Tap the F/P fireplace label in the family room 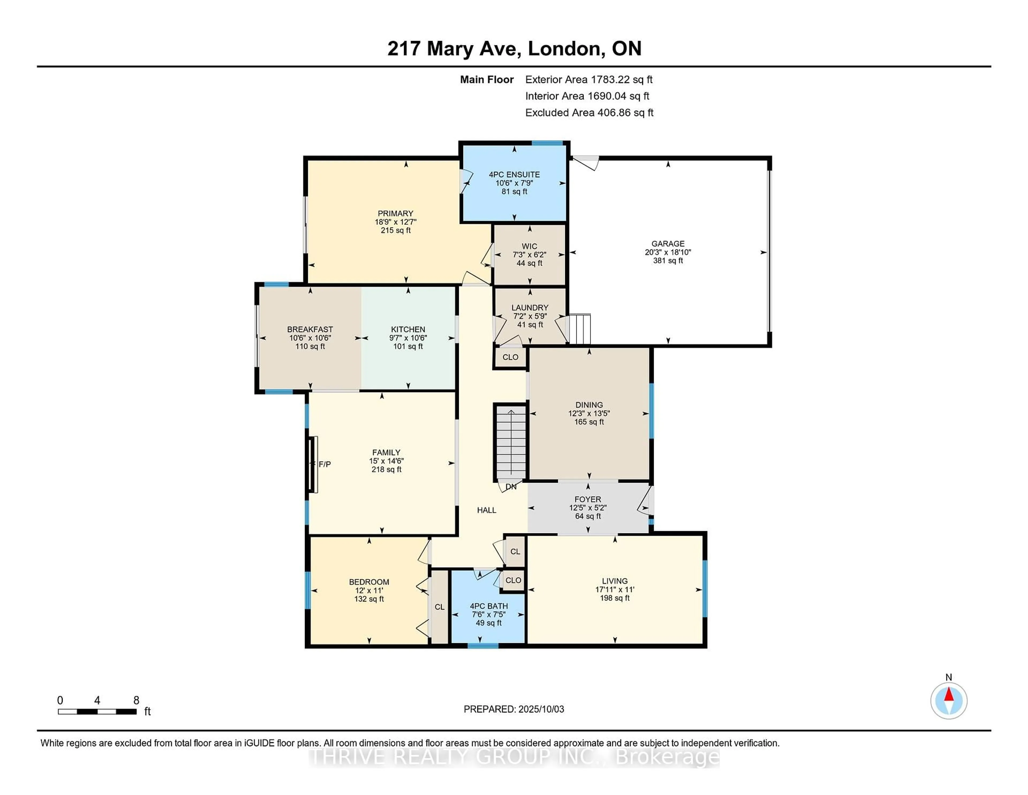tap(325, 464)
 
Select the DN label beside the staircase tap(511, 486)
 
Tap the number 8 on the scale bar tap(136, 700)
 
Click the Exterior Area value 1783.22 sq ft tap(622, 80)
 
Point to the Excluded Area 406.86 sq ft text tap(589, 112)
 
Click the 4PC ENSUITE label tap(514, 175)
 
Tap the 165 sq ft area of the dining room tap(589, 422)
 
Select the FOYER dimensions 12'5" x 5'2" tap(588, 508)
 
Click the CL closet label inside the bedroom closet tap(440, 607)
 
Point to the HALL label tap(487, 510)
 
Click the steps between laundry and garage tap(580, 329)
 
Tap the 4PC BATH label tap(489, 606)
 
